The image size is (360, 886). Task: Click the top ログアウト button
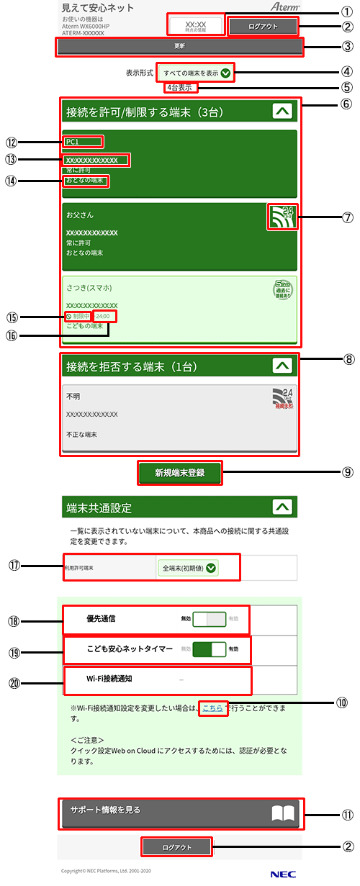click(262, 26)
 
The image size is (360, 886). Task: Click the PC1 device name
click(72, 142)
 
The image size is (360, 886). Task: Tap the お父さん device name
click(79, 215)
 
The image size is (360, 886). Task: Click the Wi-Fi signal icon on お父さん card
click(281, 217)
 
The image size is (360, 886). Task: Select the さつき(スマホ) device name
click(89, 288)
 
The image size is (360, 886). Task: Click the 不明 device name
click(73, 396)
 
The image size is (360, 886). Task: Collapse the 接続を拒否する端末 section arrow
click(284, 366)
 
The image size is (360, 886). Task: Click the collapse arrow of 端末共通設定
click(284, 507)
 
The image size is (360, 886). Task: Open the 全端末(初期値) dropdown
click(189, 568)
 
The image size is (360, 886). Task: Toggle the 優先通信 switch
click(211, 618)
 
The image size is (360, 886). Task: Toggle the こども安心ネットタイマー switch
click(211, 648)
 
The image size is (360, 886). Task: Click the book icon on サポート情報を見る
click(284, 813)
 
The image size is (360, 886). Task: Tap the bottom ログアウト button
click(177, 847)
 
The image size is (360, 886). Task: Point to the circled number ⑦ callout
click(348, 217)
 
